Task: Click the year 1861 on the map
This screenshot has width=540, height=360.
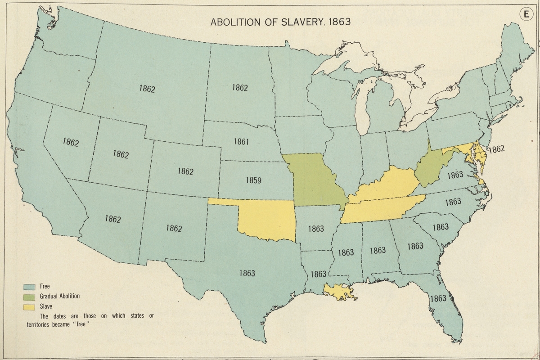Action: pyautogui.click(x=241, y=142)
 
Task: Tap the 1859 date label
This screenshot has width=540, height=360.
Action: pyautogui.click(x=254, y=180)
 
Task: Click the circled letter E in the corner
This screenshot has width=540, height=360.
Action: pyautogui.click(x=526, y=14)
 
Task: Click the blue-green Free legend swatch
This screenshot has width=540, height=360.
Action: pyautogui.click(x=30, y=286)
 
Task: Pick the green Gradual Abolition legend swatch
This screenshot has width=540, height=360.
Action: pyautogui.click(x=30, y=296)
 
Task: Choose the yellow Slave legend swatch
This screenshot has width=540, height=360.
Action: pyautogui.click(x=30, y=306)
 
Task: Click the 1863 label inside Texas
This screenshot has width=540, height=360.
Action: pyautogui.click(x=247, y=273)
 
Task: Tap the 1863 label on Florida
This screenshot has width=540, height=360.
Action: pyautogui.click(x=438, y=298)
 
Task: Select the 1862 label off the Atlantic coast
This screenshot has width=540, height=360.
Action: pyautogui.click(x=497, y=148)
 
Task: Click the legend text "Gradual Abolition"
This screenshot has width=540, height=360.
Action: pyautogui.click(x=59, y=296)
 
